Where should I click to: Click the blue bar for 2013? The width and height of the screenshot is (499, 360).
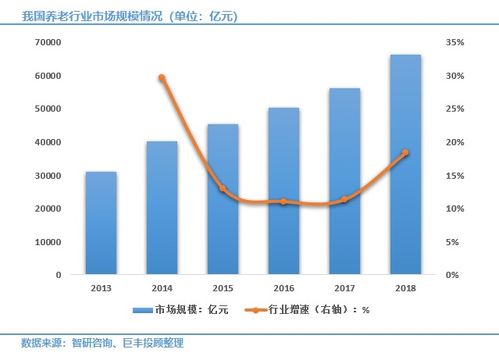point(100,223)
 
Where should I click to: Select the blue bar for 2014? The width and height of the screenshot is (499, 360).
point(161,208)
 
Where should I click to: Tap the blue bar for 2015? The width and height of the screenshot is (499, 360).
point(222,199)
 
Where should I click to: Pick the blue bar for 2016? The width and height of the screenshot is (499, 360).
point(283,191)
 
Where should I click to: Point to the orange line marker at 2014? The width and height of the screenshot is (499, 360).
point(161,78)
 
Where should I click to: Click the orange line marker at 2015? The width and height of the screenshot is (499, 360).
point(222,188)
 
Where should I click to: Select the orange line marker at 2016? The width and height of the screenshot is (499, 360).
point(283,201)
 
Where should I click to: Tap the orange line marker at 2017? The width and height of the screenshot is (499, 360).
point(344,199)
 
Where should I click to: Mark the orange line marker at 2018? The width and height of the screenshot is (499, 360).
point(405,153)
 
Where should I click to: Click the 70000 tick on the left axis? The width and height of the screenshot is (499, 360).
point(47,43)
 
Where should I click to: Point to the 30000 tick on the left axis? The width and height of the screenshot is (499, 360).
point(47,176)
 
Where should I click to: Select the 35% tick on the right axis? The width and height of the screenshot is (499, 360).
point(455,43)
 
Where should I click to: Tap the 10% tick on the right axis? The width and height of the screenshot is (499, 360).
point(455,209)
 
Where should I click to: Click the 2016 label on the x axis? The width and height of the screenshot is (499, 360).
point(283,287)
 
